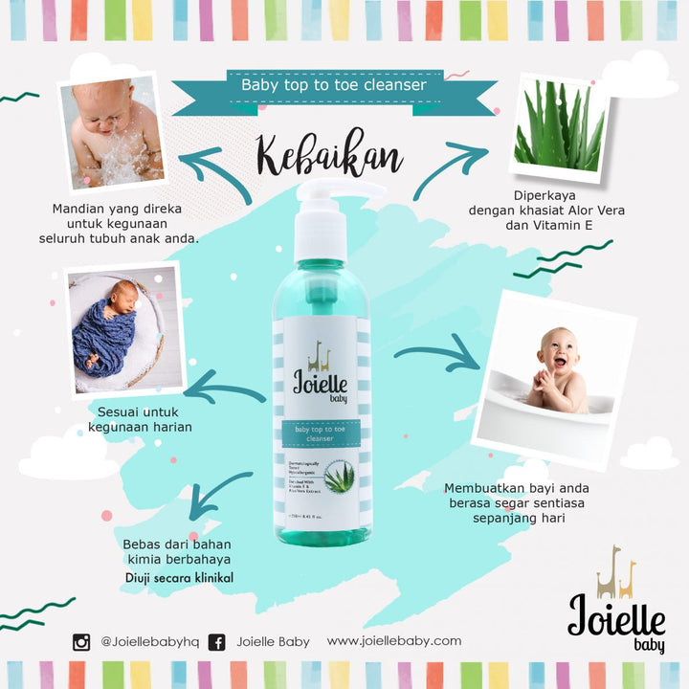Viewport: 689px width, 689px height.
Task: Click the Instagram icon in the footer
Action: point(81,642)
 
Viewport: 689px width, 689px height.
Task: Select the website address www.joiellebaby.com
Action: point(394,641)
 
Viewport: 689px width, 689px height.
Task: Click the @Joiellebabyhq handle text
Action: point(149,642)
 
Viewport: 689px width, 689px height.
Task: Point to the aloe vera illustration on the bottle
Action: point(340,475)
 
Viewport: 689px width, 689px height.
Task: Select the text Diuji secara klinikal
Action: point(179,578)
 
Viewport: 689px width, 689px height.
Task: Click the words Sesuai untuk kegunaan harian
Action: point(139,418)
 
